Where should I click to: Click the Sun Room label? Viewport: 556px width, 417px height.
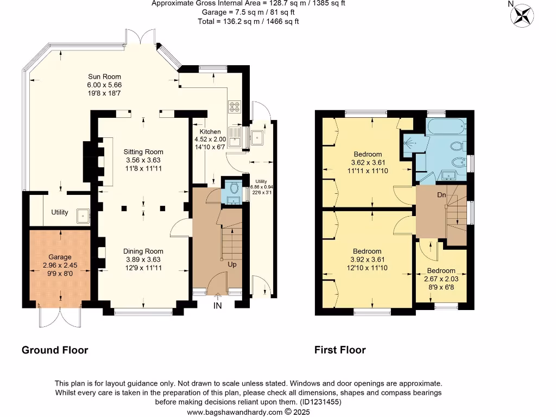[x=104, y=77]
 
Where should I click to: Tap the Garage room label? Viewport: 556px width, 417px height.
[x=60, y=257]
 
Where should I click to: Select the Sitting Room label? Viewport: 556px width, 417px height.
[x=143, y=152]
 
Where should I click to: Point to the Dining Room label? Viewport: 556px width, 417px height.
[x=143, y=251]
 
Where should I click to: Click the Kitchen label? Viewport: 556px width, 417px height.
[x=210, y=131]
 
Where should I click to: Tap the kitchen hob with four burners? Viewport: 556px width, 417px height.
[x=235, y=107]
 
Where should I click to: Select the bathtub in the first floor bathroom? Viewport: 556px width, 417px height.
[x=446, y=127]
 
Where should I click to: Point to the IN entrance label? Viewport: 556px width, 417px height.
[x=217, y=306]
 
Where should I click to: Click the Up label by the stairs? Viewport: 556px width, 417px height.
[x=232, y=264]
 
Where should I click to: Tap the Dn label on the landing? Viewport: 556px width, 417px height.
[x=441, y=195]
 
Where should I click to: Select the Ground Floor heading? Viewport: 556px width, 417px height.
[x=55, y=350]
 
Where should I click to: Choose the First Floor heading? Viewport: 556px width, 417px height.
[x=340, y=350]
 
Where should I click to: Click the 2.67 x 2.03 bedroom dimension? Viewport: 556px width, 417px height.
[x=441, y=279]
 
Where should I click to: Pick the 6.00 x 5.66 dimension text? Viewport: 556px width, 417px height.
[x=104, y=85]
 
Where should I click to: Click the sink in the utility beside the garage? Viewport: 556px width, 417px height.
[x=83, y=216]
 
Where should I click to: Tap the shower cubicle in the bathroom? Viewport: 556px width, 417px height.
[x=410, y=143]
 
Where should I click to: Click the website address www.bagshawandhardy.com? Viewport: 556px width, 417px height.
[x=235, y=412]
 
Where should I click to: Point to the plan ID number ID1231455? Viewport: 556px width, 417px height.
[x=320, y=402]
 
